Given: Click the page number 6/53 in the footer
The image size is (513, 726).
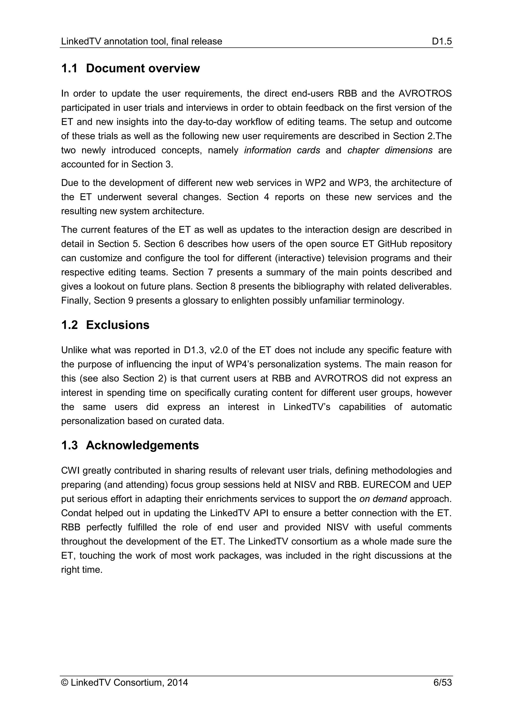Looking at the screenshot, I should pyautogui.click(x=443, y=683).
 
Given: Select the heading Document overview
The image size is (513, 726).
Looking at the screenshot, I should pyautogui.click(x=143, y=68).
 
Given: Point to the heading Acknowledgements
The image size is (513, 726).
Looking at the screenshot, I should pyautogui.click(x=143, y=445).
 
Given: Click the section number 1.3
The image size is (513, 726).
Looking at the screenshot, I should pyautogui.click(x=69, y=445).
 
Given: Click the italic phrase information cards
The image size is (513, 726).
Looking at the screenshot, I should pyautogui.click(x=282, y=150).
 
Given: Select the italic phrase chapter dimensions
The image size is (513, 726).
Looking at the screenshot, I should pyautogui.click(x=390, y=150).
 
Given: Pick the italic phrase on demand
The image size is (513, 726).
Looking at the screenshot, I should pyautogui.click(x=383, y=499).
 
